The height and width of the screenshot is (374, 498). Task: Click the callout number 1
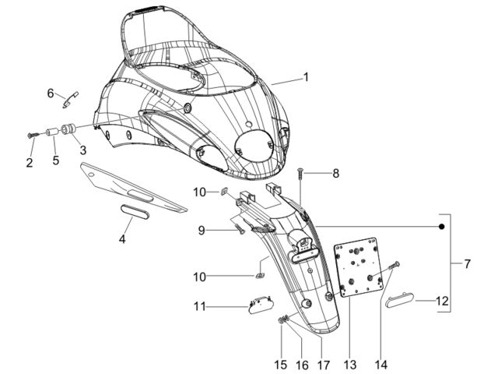306,77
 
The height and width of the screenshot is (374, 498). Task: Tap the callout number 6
51,93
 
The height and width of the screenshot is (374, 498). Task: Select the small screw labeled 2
33,135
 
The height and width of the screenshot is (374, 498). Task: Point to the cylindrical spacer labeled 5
53,132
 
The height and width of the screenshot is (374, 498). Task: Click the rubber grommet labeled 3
68,129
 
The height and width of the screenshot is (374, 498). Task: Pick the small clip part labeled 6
71,100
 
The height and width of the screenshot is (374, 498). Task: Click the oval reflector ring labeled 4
135,212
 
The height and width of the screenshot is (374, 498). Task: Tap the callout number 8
335,173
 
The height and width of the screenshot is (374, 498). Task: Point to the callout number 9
202,231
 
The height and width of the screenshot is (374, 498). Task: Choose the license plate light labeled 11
261,305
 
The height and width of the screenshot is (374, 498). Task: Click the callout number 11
200,306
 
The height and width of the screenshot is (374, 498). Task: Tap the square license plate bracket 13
358,267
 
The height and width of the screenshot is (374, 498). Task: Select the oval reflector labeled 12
400,301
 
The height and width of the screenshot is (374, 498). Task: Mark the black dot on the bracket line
441,227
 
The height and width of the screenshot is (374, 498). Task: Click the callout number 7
467,263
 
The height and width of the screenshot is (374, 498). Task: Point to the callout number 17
324,365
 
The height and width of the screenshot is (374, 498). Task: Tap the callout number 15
281,365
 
